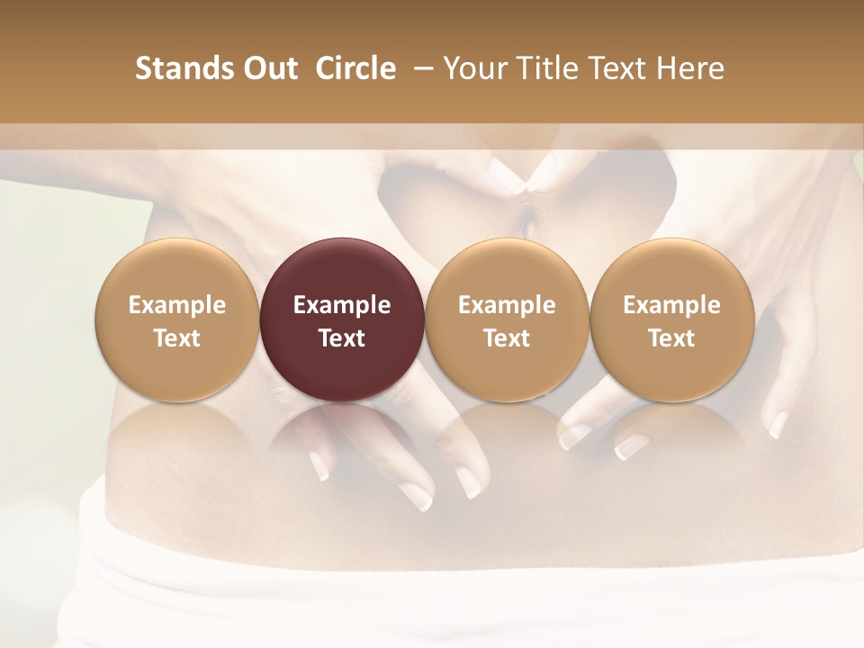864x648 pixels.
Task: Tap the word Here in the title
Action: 691,68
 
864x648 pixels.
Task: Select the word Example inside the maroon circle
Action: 342,306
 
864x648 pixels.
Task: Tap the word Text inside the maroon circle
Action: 342,338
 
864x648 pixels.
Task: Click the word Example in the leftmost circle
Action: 177,306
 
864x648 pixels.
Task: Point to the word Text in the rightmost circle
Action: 671,338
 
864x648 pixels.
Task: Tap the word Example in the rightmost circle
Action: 671,306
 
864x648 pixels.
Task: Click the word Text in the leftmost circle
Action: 177,338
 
